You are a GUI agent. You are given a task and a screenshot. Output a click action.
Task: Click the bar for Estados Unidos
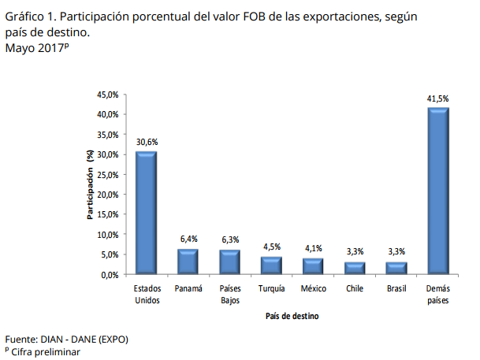pyautogui.click(x=147, y=213)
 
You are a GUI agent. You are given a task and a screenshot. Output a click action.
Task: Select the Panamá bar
pyautogui.click(x=188, y=262)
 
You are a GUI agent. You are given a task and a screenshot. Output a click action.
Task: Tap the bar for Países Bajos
pyautogui.click(x=230, y=262)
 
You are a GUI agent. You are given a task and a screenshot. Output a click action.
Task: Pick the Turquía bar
pyautogui.click(x=272, y=265)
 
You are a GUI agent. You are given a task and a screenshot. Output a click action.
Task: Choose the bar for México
pyautogui.click(x=314, y=266)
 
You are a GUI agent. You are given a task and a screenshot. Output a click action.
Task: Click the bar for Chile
pyautogui.click(x=355, y=268)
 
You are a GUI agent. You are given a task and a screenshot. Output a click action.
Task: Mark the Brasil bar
pyautogui.click(x=396, y=268)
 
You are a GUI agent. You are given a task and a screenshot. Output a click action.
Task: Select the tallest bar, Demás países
pyautogui.click(x=438, y=191)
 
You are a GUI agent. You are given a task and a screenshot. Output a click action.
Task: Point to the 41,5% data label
pyautogui.click(x=438, y=99)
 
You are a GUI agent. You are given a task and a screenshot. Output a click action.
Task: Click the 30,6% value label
pyautogui.click(x=147, y=143)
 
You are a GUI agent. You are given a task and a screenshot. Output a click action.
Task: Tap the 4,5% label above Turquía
pyautogui.click(x=272, y=247)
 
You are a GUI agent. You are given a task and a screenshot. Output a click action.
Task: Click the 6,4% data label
pyautogui.click(x=188, y=239)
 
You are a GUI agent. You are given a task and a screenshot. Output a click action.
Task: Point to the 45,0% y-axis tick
pyautogui.click(x=107, y=95)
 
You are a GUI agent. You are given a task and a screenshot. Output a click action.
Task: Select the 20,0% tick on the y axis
pyautogui.click(x=107, y=195)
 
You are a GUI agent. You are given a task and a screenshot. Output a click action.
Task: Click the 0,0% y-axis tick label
pyautogui.click(x=110, y=275)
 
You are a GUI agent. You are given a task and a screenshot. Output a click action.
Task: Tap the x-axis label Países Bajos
pyautogui.click(x=230, y=294)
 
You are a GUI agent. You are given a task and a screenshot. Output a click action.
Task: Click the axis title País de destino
pyautogui.click(x=292, y=316)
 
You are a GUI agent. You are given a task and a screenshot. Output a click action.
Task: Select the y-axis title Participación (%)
pyautogui.click(x=90, y=184)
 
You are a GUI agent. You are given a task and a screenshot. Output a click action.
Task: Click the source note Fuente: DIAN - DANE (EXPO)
pyautogui.click(x=66, y=340)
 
